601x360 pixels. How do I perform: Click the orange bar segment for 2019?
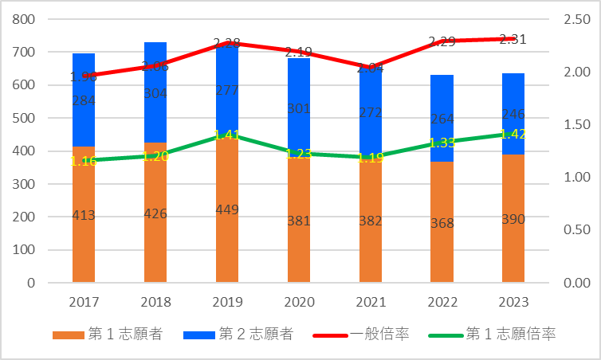227,239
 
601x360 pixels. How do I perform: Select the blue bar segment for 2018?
155,112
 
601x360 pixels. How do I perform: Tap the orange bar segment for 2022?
442,247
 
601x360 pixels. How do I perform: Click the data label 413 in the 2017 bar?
84,214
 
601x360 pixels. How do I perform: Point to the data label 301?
299,108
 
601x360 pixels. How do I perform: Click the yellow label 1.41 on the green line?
227,135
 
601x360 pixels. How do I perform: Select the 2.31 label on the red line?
513,39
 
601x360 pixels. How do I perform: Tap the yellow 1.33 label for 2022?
442,143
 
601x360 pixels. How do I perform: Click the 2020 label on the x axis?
299,303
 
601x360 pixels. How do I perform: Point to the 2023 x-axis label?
513,303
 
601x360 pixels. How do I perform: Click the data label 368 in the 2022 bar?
442,222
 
